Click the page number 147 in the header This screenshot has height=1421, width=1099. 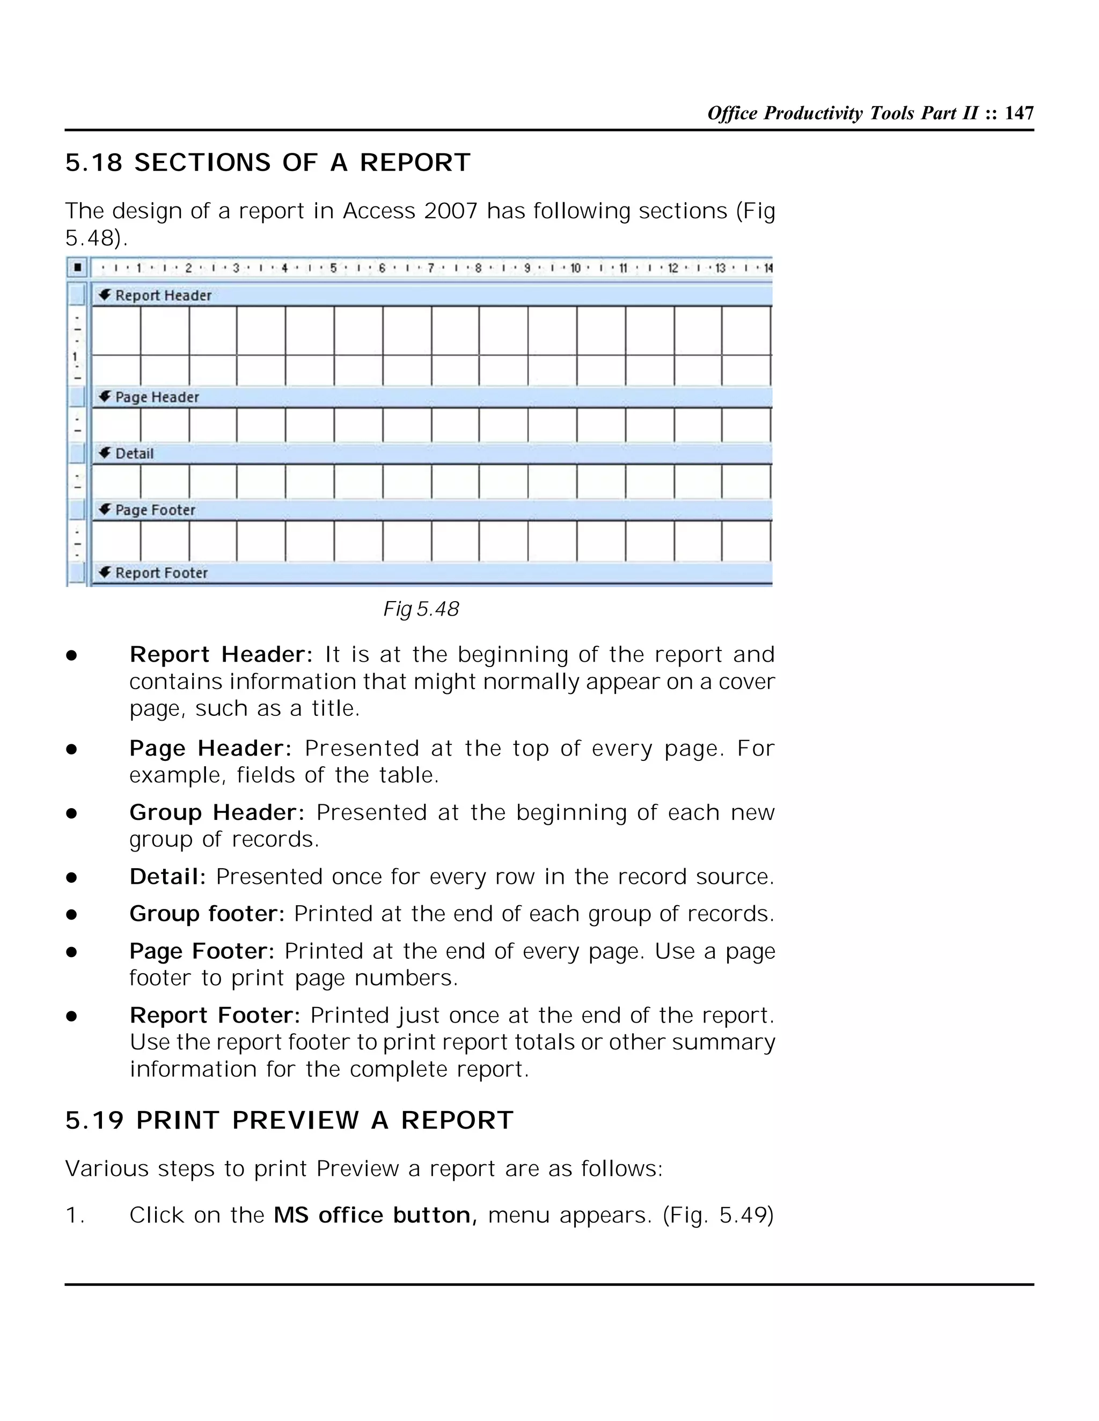1019,113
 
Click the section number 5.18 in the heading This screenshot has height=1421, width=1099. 94,162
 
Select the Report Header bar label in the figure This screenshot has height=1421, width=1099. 163,295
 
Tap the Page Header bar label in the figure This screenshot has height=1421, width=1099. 156,397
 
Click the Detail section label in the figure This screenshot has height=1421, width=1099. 134,454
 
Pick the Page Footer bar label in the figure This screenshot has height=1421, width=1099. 155,510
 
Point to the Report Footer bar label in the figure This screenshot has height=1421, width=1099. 161,573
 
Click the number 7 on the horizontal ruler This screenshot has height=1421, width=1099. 430,268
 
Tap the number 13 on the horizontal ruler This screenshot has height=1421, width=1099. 720,268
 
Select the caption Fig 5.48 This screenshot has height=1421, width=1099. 421,609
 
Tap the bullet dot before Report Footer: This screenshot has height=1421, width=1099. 71,1016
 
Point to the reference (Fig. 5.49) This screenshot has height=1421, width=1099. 718,1216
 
